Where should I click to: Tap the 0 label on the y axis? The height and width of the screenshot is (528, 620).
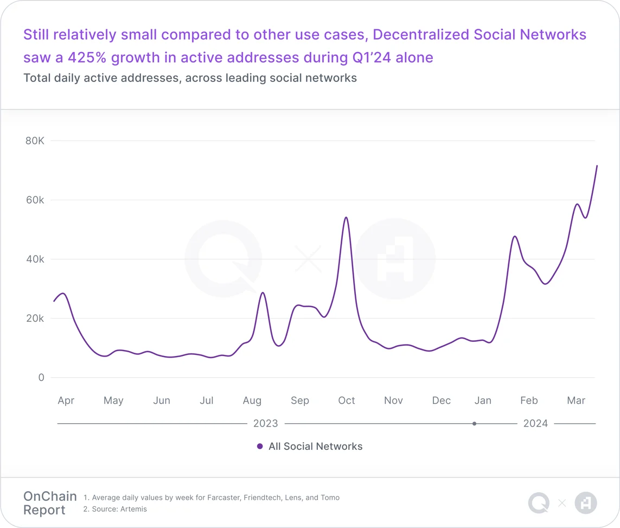(x=40, y=378)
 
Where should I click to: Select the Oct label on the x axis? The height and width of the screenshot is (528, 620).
(x=347, y=400)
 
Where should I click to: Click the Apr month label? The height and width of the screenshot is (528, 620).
(x=66, y=400)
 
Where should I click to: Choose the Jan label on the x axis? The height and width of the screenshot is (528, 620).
(x=483, y=400)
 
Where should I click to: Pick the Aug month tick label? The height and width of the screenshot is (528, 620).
(x=252, y=400)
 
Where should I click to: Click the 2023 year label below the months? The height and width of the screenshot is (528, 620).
(x=266, y=423)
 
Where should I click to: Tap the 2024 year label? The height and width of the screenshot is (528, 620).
(x=535, y=423)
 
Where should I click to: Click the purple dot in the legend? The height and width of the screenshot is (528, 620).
(x=260, y=447)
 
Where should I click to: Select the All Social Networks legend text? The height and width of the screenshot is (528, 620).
(x=316, y=447)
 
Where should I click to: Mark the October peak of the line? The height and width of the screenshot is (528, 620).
(x=346, y=217)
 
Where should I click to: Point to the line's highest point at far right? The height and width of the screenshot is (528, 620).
(x=597, y=166)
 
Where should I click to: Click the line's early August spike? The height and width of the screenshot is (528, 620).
(x=263, y=292)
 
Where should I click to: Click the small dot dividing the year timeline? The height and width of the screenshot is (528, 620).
(x=474, y=423)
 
